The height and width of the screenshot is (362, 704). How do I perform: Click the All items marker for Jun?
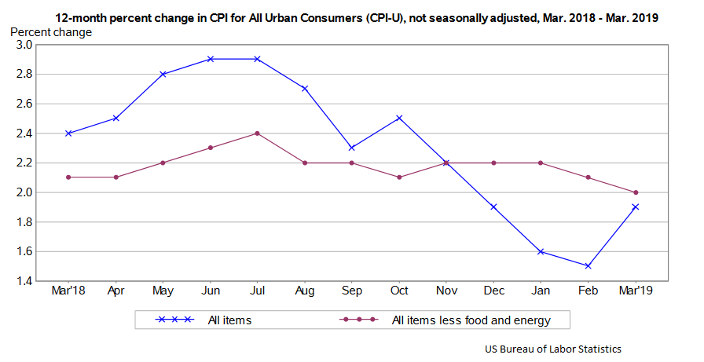(210, 59)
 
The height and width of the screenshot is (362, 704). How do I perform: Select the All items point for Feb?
(588, 265)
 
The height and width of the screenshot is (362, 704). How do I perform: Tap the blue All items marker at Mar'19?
(635, 207)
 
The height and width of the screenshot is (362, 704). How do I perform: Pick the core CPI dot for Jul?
(257, 133)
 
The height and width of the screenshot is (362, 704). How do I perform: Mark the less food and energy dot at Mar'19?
(635, 192)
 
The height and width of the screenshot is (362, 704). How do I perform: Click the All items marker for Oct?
(399, 118)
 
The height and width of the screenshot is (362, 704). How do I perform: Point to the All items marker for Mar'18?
(68, 133)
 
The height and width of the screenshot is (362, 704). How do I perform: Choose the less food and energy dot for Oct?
(399, 177)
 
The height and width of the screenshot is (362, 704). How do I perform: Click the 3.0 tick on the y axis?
(24, 45)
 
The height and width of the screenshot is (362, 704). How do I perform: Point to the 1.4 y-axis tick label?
(24, 281)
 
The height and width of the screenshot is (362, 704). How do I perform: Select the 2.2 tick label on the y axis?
(24, 163)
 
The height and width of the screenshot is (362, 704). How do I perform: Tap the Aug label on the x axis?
(305, 291)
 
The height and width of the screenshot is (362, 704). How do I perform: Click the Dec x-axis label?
(493, 291)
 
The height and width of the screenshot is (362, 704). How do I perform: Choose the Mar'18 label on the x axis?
(68, 291)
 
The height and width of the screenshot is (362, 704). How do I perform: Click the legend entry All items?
(229, 320)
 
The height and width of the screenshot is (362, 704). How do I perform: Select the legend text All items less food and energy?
(469, 320)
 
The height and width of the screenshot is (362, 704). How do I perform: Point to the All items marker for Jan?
(541, 251)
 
